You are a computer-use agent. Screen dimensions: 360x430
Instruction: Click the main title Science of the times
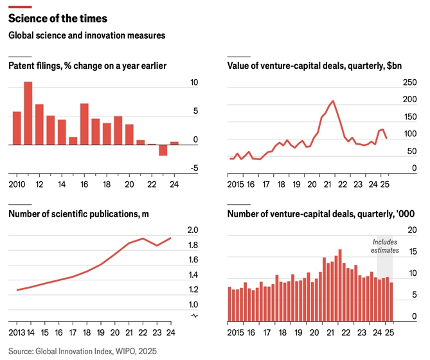point(58,17)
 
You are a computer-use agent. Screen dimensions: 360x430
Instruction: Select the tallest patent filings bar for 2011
point(28,113)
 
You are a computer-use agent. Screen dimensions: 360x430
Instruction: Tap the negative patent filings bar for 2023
point(163,150)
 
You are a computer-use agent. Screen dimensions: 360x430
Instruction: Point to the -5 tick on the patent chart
point(176,168)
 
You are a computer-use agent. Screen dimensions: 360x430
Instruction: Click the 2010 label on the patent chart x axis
point(17,184)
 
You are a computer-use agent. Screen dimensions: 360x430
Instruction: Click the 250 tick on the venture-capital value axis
point(409,83)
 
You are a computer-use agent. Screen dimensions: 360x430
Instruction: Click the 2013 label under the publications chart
point(17,333)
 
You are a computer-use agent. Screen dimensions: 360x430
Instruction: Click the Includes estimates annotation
point(386,246)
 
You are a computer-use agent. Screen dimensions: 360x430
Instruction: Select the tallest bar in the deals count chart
point(339,285)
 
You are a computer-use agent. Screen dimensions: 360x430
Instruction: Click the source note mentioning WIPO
point(82,351)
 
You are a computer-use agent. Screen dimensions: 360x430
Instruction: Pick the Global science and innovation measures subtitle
point(87,36)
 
